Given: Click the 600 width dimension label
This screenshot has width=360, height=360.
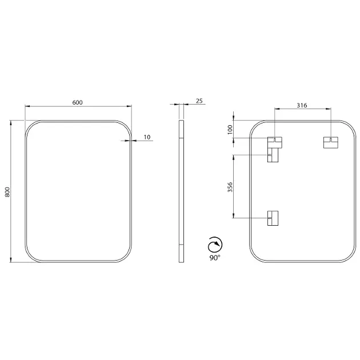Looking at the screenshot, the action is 77,102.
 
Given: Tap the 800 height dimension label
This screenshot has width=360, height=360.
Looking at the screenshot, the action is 7,192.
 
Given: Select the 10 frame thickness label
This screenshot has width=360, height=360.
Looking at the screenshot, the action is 147,137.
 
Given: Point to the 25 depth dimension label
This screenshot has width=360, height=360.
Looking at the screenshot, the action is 199,101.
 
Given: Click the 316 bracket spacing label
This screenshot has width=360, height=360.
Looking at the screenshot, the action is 302,105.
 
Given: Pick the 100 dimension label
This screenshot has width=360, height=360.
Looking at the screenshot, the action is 230,130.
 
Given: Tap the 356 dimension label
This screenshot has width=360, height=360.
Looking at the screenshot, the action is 230,187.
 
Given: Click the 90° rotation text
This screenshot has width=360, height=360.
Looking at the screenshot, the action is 215,258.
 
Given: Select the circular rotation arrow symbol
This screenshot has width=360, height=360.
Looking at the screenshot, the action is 215,245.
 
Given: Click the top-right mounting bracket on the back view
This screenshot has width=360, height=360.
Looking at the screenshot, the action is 331,143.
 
